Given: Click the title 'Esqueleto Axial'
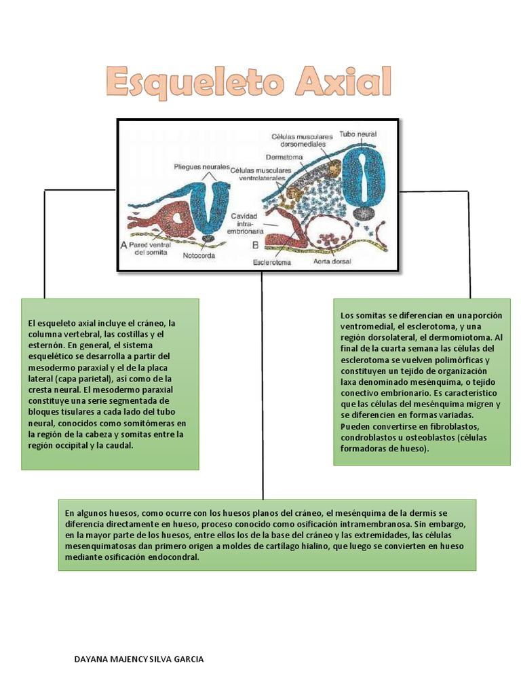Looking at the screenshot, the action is pos(249,83).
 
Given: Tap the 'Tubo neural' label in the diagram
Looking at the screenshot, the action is pos(358,134).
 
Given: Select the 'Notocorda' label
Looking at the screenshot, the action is pos(201,256).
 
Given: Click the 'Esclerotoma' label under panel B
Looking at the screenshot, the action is pos(272,261).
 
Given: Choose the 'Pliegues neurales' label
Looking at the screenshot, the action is pos(201,166).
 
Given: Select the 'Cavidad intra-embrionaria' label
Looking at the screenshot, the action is pos(246,223).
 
